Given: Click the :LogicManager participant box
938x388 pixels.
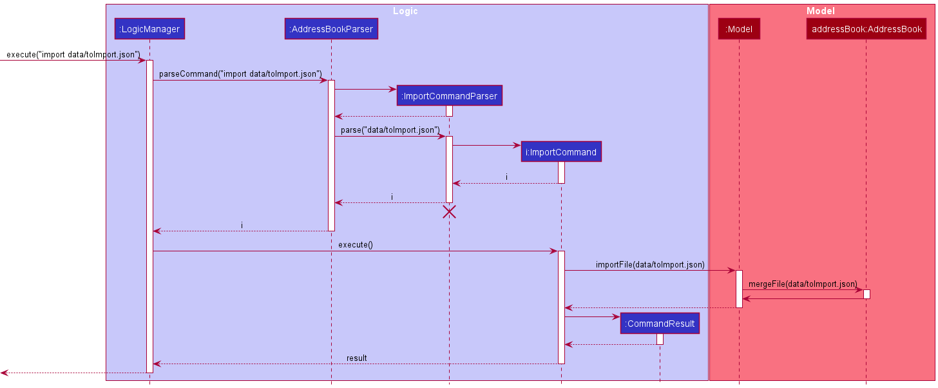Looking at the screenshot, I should coord(149,28).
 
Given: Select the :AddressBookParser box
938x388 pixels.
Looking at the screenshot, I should coord(331,28).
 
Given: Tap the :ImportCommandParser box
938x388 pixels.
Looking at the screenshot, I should coord(449,96).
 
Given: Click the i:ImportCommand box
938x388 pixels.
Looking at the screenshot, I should coord(561,152).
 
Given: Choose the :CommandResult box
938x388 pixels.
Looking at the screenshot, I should coord(660,324).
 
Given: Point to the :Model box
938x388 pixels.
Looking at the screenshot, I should coord(739,28).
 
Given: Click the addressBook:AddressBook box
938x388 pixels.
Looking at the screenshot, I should coord(866,28).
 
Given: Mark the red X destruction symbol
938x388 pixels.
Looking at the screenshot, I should coord(449,212).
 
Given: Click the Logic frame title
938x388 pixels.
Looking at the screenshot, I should coord(405,11).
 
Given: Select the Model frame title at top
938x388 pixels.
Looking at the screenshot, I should coord(821,11).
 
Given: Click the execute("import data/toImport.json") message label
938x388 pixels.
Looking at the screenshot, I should coord(73,54).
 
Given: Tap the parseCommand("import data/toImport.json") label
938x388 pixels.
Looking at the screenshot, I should coord(240,74).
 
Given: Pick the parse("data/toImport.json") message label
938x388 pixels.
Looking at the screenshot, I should coord(390,130).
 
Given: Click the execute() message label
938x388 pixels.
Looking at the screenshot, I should coord(355,245).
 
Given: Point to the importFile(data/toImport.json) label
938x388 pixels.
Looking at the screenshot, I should coord(650,264).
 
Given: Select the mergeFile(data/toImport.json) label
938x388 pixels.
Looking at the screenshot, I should coord(803,284).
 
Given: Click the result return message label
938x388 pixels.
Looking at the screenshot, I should coord(356,358).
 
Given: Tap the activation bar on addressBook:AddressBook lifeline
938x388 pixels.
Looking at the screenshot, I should coord(866,294).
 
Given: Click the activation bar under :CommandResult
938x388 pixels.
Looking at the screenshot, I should coord(660,339).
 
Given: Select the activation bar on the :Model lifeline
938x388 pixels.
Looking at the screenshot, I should coord(739,289).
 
